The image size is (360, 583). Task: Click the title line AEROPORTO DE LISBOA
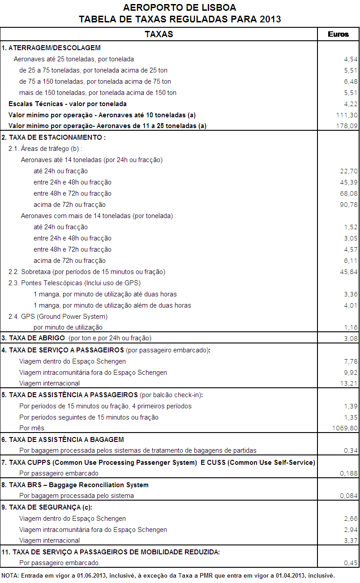[180, 8]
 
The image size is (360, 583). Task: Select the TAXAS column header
[159, 34]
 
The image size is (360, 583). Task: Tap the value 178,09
[348, 126]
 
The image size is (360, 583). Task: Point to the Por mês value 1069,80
[345, 428]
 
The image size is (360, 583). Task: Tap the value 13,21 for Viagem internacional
[349, 383]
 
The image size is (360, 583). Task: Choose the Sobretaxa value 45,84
[349, 272]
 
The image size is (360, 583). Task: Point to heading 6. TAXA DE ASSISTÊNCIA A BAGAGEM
[63, 440]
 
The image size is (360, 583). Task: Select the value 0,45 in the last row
[351, 563]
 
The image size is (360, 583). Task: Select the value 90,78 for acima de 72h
[349, 205]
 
